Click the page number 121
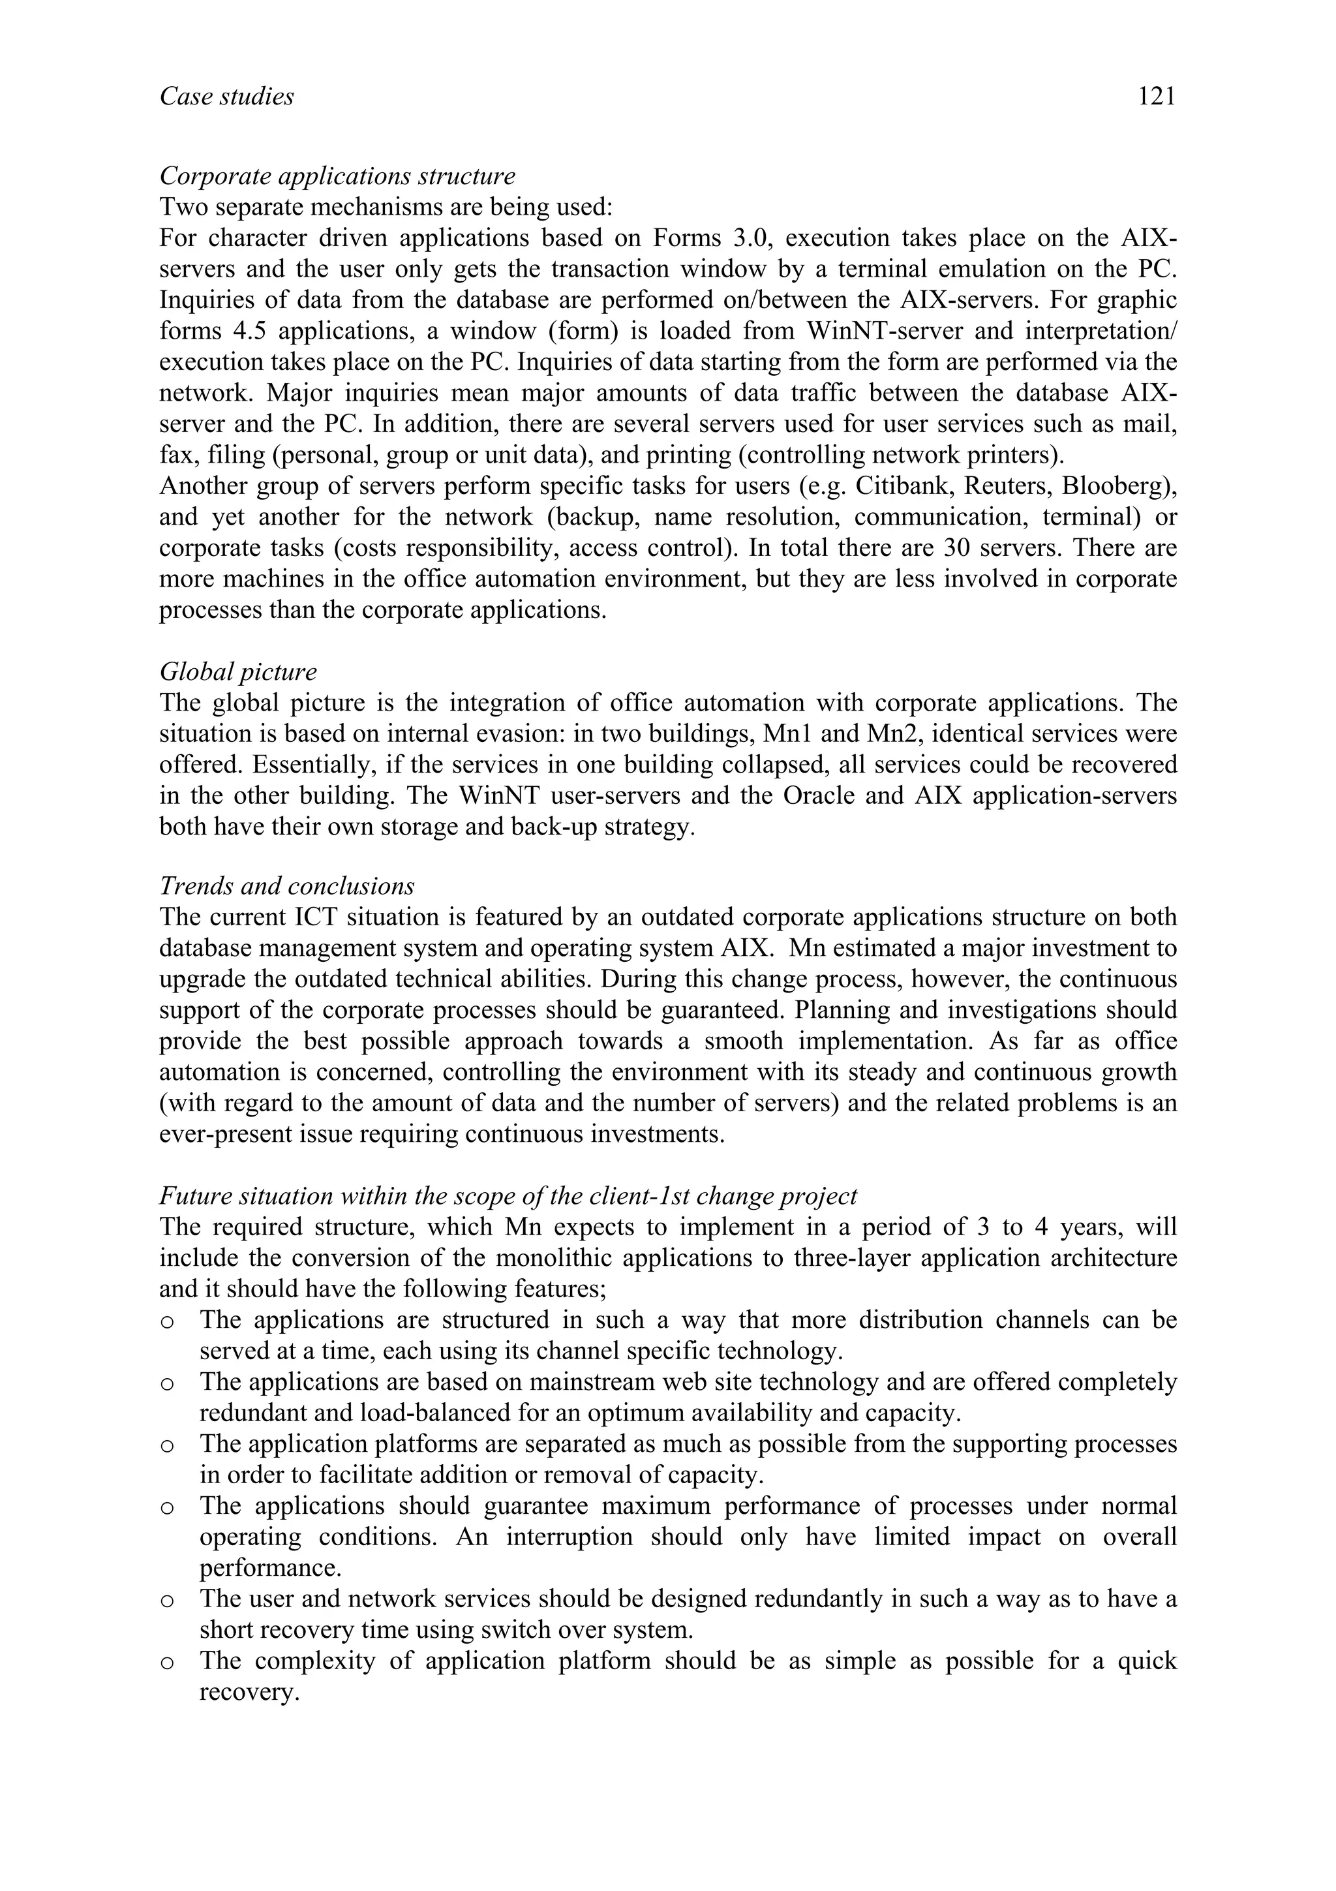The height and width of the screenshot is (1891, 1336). (1157, 97)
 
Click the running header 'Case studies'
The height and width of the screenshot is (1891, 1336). (226, 97)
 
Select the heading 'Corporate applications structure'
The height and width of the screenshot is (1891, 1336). (337, 176)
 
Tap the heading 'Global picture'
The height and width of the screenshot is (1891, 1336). (238, 671)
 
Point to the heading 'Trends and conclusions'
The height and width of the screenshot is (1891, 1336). (286, 886)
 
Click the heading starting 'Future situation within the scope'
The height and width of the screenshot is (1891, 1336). (508, 1195)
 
